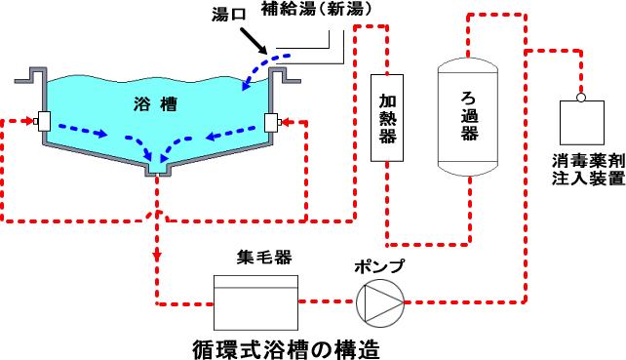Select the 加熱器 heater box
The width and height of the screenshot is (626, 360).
(387, 118)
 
